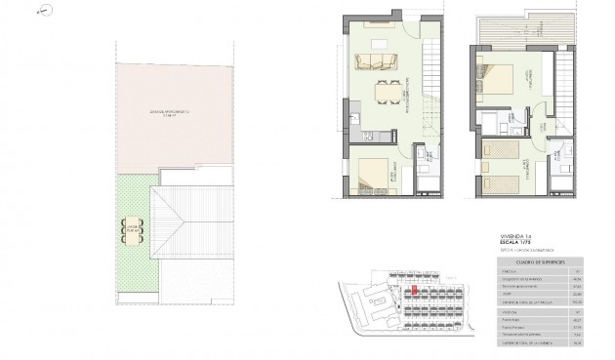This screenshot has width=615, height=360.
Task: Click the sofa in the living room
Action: click(x=377, y=63)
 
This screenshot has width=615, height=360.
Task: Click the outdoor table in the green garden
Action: click(x=133, y=230)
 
